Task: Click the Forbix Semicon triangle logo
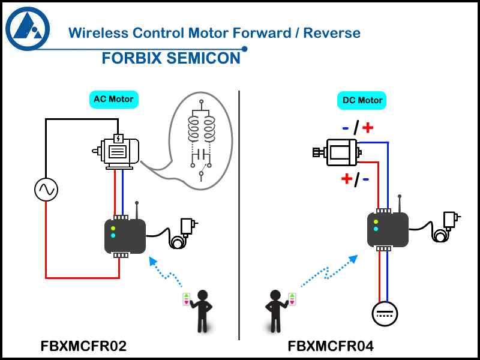pos(28,28)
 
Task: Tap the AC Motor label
pos(113,99)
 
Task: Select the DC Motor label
pos(362,100)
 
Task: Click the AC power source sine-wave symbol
pos(46,190)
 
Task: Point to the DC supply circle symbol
pos(385,313)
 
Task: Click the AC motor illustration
pos(119,152)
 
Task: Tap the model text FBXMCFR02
pos(83,346)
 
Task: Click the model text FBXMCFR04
pos(331,346)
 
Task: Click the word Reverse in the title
pos(332,32)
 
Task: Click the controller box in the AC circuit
pos(125,236)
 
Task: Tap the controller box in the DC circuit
pos(388,230)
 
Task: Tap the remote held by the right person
pos(292,299)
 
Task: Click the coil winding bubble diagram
pos(200,142)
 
